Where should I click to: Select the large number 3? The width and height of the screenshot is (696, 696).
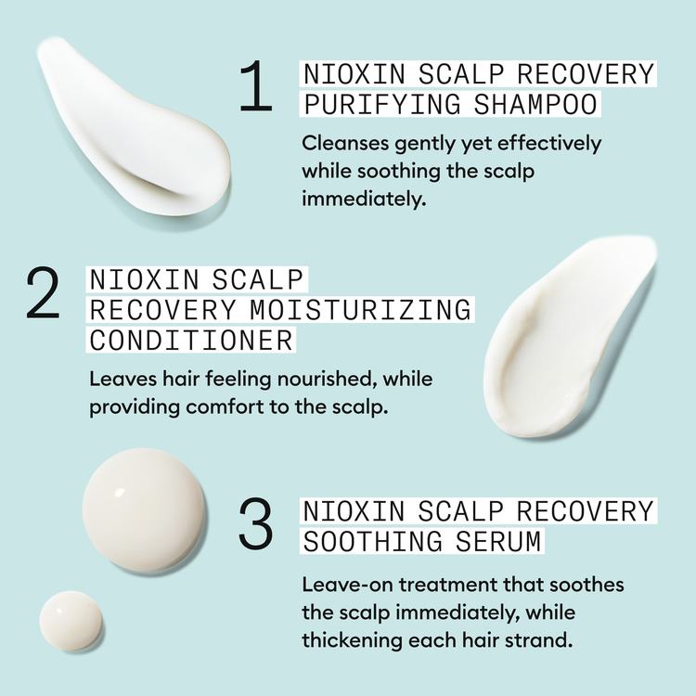coord(257,525)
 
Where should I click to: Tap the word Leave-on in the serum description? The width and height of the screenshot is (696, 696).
coord(342,586)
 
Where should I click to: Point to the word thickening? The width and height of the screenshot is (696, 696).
coord(351,640)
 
